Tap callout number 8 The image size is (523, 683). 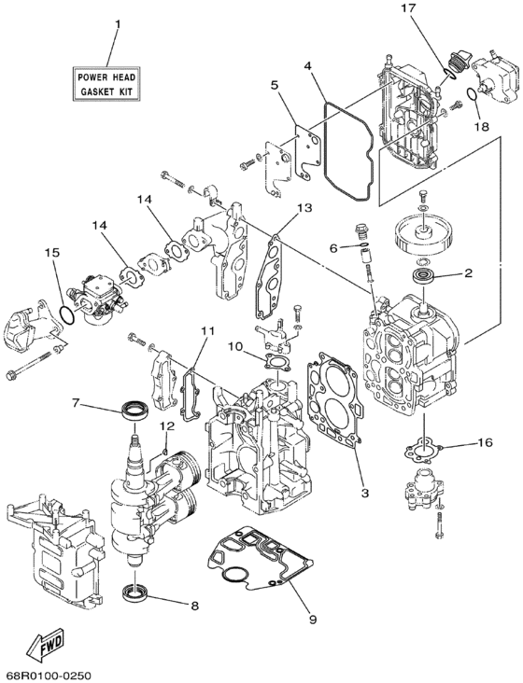tap(193, 605)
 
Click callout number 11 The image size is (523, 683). tap(207, 331)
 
